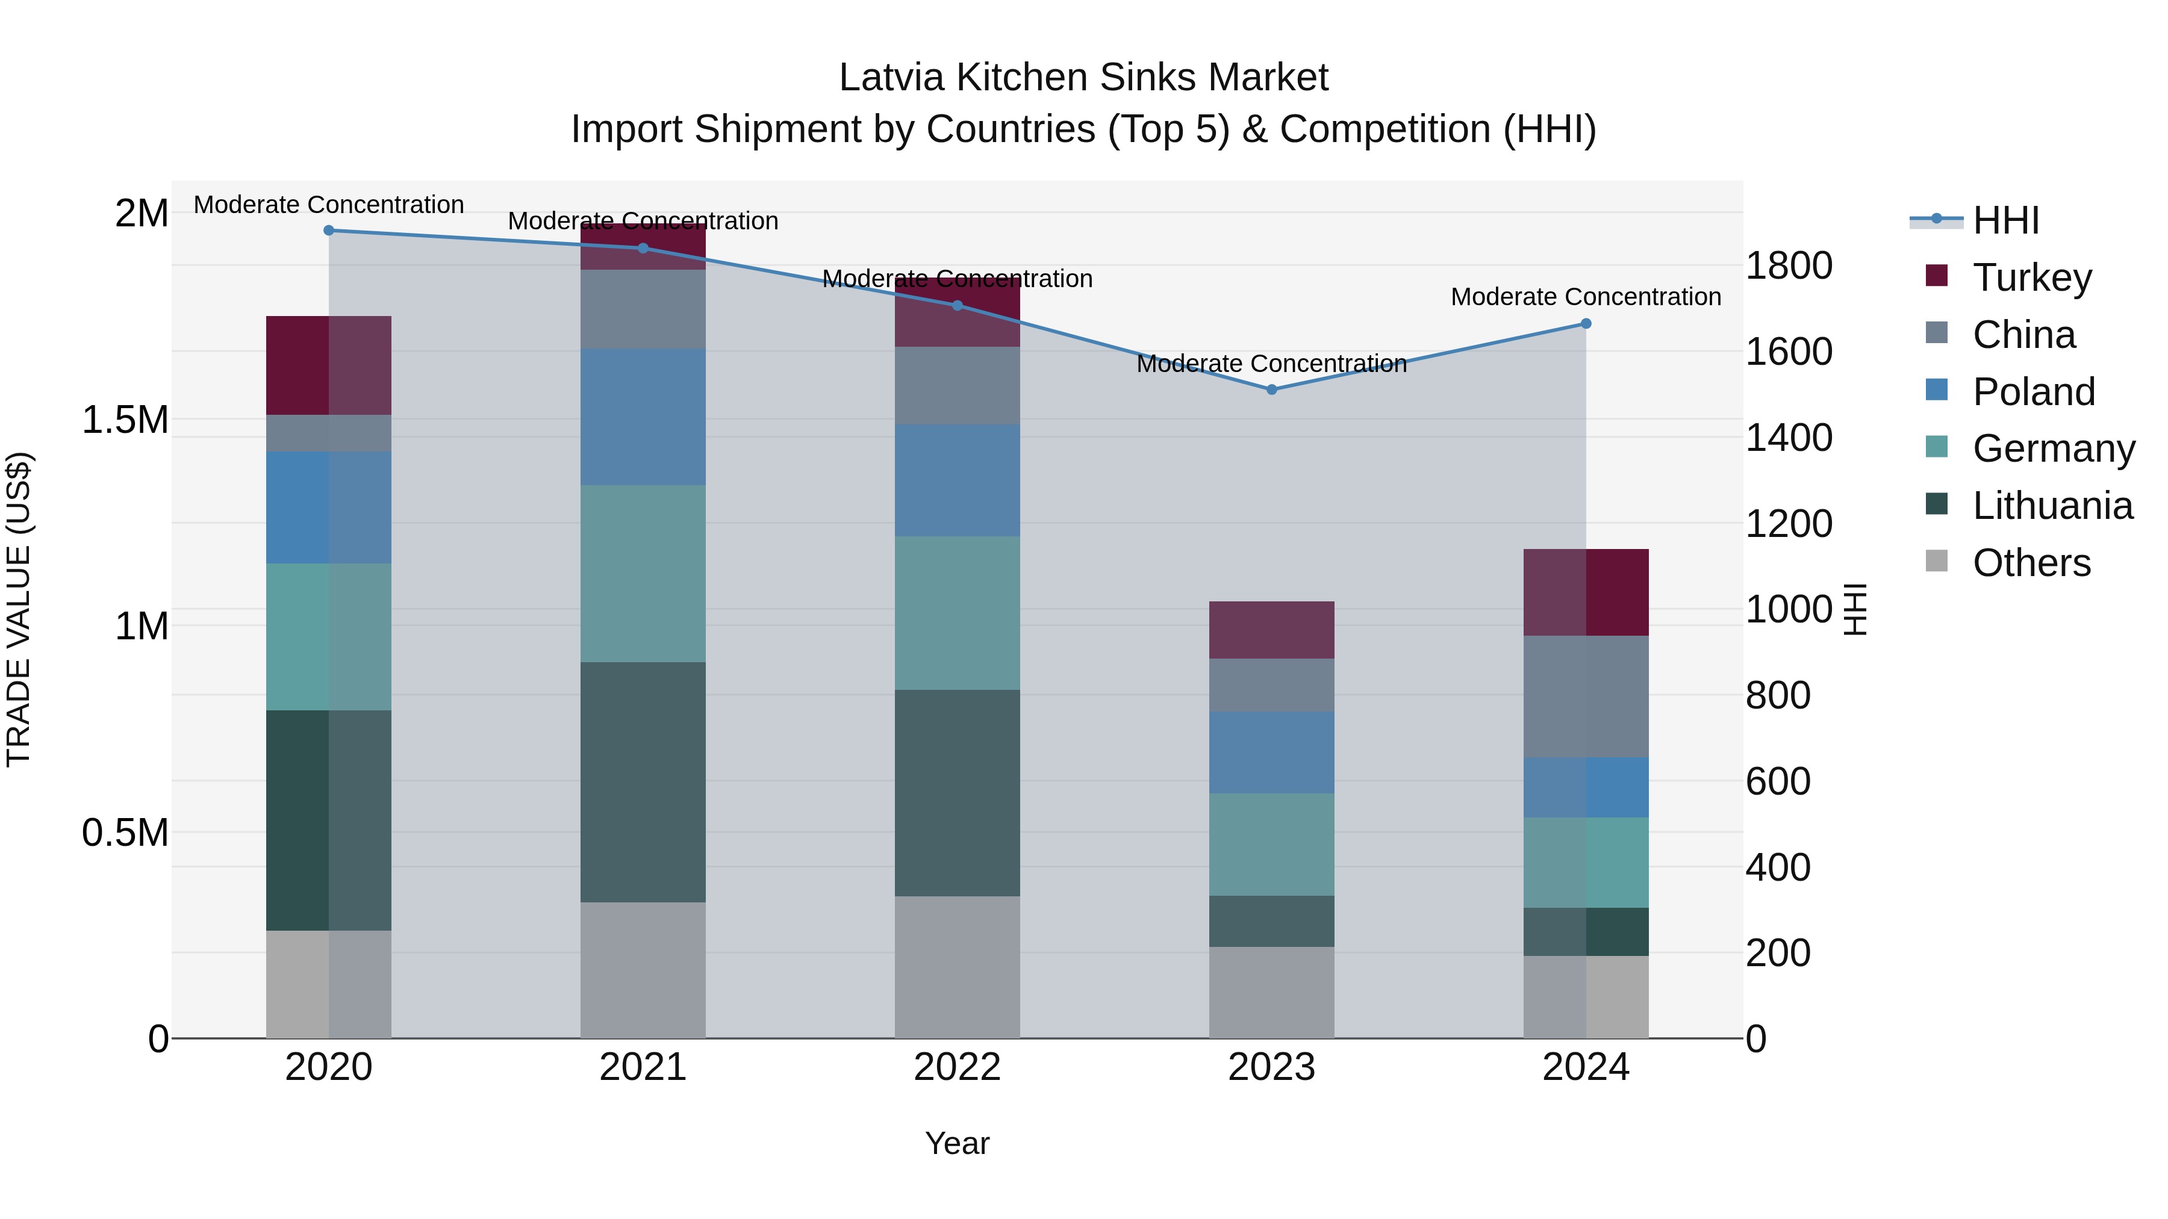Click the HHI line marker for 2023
click(1272, 389)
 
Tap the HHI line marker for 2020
click(329, 231)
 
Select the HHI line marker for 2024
click(1586, 324)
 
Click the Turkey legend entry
click(2031, 278)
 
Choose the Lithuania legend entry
click(2052, 506)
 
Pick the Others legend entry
click(2031, 563)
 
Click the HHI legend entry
click(2005, 220)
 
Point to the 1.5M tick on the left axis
click(125, 420)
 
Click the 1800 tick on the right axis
click(1789, 266)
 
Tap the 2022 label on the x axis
click(957, 1067)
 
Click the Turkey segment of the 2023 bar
click(1272, 630)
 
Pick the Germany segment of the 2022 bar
click(957, 613)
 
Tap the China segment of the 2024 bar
click(1586, 696)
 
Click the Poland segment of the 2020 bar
click(329, 507)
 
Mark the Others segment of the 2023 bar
click(1272, 992)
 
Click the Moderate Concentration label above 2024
click(1586, 297)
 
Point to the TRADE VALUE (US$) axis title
click(19, 609)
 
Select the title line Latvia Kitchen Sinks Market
click(1083, 78)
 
